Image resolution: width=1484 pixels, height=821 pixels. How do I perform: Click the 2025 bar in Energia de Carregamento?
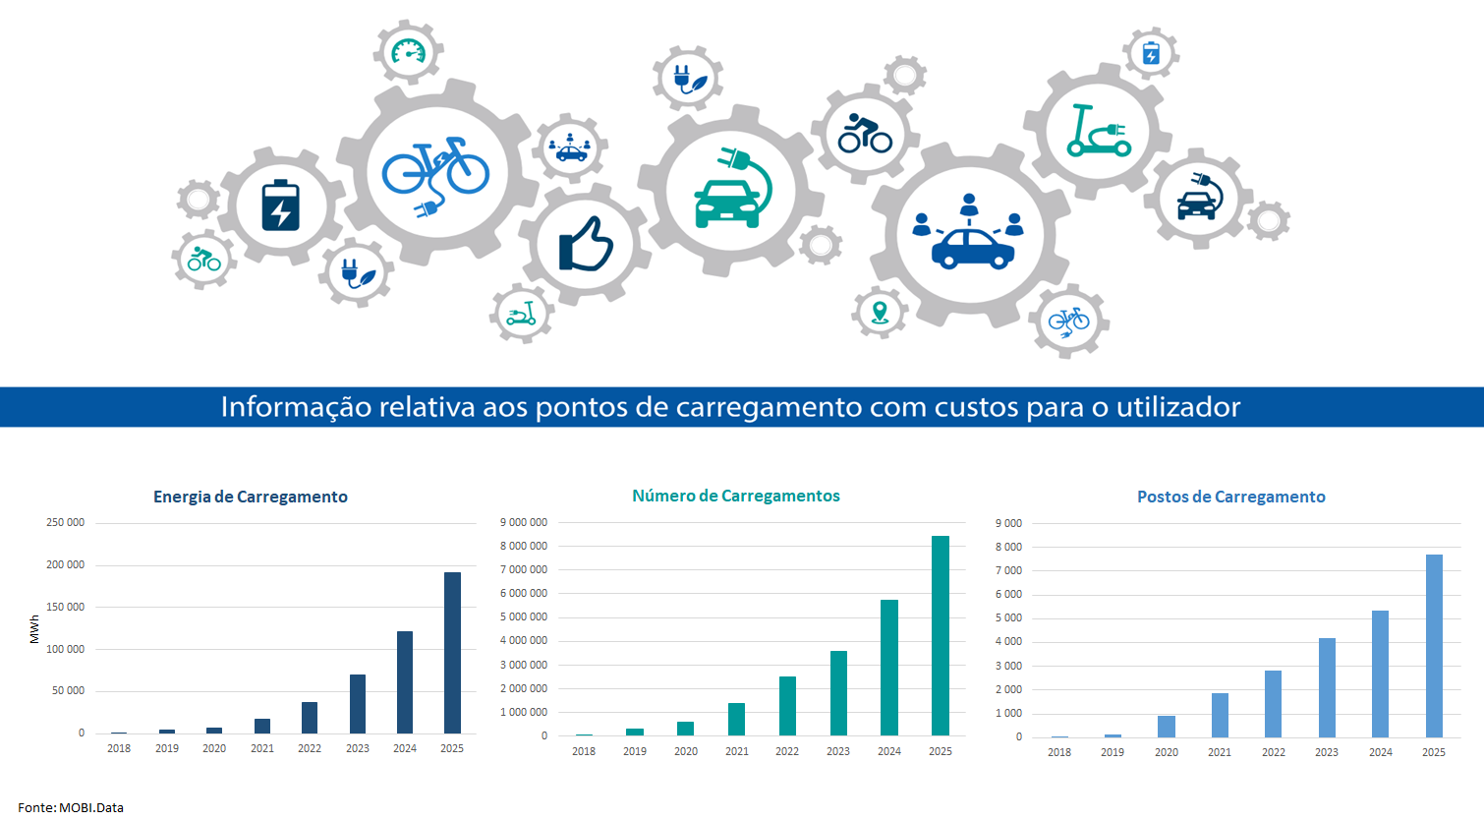(x=452, y=653)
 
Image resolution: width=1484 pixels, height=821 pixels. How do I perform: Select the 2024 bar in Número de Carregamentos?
(x=889, y=668)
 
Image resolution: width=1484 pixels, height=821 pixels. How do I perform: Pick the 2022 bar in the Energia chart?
(x=310, y=718)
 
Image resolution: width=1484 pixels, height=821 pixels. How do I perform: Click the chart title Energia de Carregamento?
(x=251, y=497)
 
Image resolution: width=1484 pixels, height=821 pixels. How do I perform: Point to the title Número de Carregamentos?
(x=736, y=496)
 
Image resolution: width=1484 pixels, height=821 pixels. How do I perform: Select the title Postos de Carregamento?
(x=1230, y=497)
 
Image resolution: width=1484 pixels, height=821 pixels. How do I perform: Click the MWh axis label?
(x=35, y=629)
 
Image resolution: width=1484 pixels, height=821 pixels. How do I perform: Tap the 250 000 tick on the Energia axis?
(x=66, y=522)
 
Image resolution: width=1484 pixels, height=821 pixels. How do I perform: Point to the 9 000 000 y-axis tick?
(x=524, y=522)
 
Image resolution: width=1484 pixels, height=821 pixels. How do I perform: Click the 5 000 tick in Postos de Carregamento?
(x=1008, y=617)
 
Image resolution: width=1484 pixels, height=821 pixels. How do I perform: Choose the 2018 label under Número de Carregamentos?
(x=584, y=751)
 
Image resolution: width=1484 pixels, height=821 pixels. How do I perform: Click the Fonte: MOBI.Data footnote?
(x=71, y=807)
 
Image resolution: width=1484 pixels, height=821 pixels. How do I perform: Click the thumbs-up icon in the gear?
(x=586, y=245)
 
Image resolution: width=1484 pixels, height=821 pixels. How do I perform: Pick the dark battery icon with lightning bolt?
(x=281, y=205)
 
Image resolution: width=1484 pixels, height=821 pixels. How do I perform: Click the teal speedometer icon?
(x=408, y=51)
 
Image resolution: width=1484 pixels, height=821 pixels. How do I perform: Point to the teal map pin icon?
(x=880, y=313)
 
